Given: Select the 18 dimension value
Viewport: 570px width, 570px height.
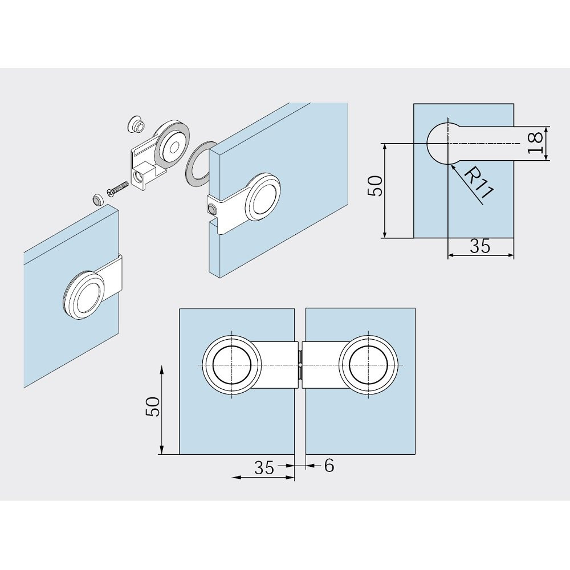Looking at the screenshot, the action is (x=535, y=143).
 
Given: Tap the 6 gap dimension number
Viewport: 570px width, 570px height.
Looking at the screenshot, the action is (x=329, y=465).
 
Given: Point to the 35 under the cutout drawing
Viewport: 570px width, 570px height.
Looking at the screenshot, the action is (x=480, y=246).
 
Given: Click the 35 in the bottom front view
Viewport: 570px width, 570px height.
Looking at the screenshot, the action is (x=264, y=467).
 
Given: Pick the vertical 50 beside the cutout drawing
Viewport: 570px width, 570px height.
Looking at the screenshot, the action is (x=376, y=186).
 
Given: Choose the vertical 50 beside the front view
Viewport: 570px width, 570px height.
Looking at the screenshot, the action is (x=152, y=406).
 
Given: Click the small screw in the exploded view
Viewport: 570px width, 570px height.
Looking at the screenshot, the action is (x=117, y=188).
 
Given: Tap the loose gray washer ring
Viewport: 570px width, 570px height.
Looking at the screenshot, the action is (x=199, y=163).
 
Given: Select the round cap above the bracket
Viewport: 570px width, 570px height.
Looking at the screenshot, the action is (x=136, y=124).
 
